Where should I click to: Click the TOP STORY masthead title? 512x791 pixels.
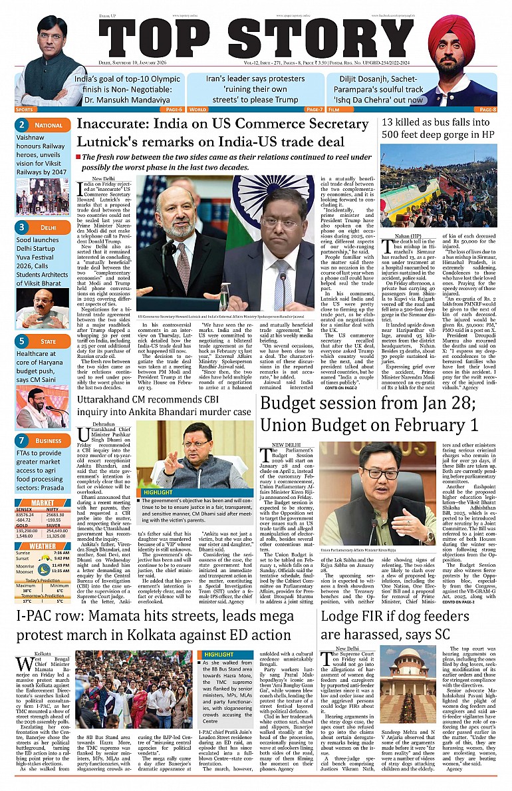[256, 43]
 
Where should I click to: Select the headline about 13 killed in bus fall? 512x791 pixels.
[438, 128]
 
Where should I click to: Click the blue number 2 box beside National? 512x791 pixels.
[21, 124]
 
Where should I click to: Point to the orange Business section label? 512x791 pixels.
[49, 440]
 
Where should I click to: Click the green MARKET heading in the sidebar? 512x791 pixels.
[42, 484]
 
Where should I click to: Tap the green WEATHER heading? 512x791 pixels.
[42, 528]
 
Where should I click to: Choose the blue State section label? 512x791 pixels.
[48, 341]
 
